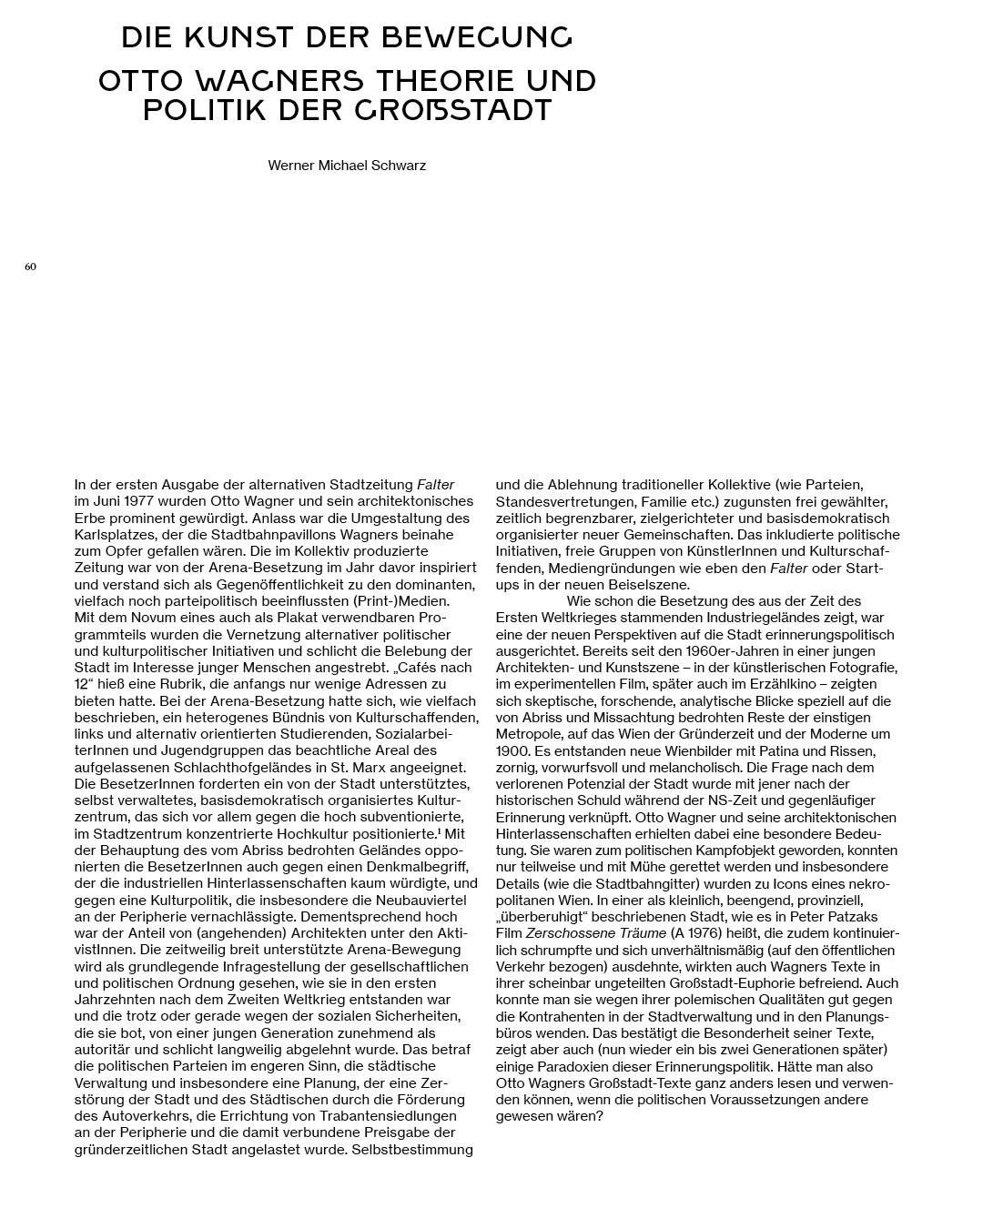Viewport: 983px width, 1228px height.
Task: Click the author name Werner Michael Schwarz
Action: (347, 166)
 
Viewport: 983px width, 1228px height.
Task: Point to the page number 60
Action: (30, 267)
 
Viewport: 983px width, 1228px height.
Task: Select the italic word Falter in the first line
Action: (435, 485)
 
